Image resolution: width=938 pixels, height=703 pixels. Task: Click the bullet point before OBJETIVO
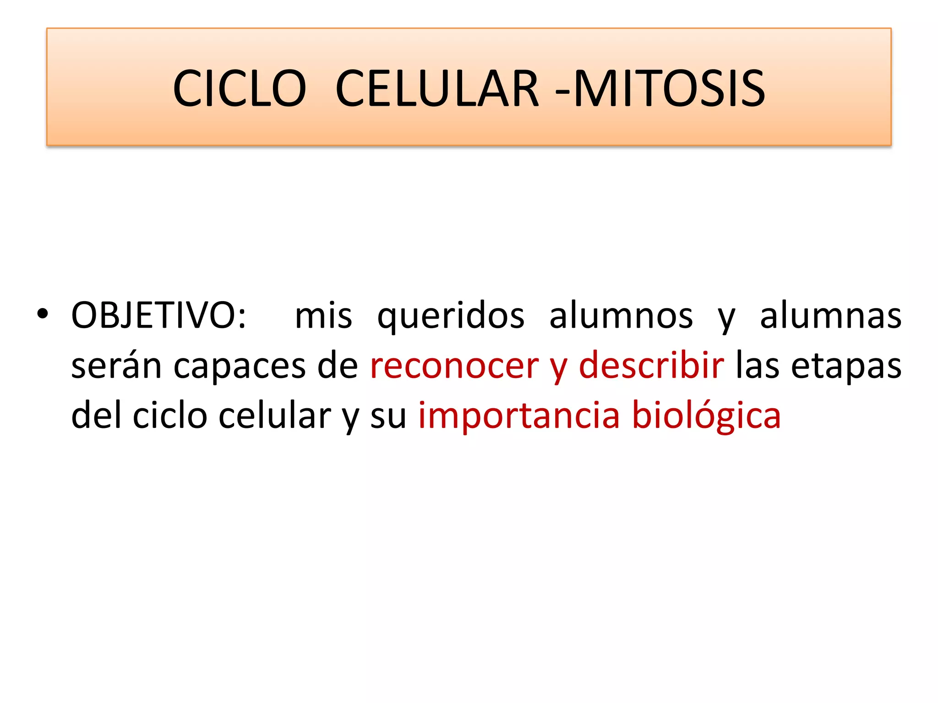coord(43,314)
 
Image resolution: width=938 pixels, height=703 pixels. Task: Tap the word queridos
coord(451,316)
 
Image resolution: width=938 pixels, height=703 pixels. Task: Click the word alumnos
coord(621,315)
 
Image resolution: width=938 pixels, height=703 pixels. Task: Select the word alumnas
coord(830,315)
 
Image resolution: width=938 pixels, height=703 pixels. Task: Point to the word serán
coord(116,366)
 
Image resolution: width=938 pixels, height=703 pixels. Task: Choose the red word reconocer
coord(454,366)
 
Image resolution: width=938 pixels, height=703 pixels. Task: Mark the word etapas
coord(846,367)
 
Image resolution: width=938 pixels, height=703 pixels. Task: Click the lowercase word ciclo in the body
coord(170,415)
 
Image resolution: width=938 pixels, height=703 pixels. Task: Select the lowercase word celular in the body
coord(274,415)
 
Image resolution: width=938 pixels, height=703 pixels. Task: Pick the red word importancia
coord(519,416)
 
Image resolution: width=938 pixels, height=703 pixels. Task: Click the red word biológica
coord(706,416)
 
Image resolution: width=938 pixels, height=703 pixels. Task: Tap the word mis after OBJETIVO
coord(323,315)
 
